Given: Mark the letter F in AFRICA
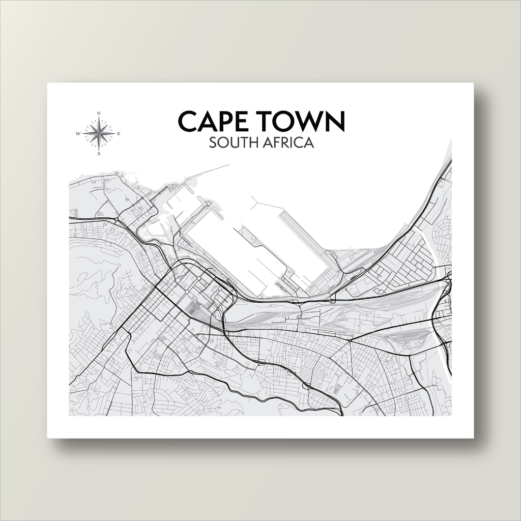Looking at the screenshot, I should tap(278, 143).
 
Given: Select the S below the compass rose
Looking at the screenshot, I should tap(99, 154).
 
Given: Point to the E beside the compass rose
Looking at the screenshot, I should tap(119, 134).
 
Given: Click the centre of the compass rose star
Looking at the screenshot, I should tap(99, 134).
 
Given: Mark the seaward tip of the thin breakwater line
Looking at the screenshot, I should tap(229, 165).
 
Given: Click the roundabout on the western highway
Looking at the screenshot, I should tap(117, 219).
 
